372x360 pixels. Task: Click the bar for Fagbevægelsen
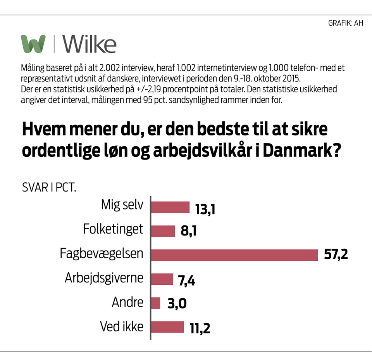[x=234, y=255]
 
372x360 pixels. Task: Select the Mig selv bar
[x=170, y=207]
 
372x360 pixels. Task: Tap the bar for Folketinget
[x=163, y=231]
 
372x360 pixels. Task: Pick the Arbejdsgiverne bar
[x=162, y=279]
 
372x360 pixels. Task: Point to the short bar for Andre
[x=155, y=303]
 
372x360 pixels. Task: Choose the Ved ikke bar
[x=167, y=327]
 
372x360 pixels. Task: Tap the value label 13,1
[x=205, y=209]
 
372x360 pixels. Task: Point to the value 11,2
[x=200, y=329]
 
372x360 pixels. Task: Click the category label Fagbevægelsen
[x=102, y=254]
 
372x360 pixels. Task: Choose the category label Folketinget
[x=113, y=229]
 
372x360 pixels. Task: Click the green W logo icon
[x=33, y=43]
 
